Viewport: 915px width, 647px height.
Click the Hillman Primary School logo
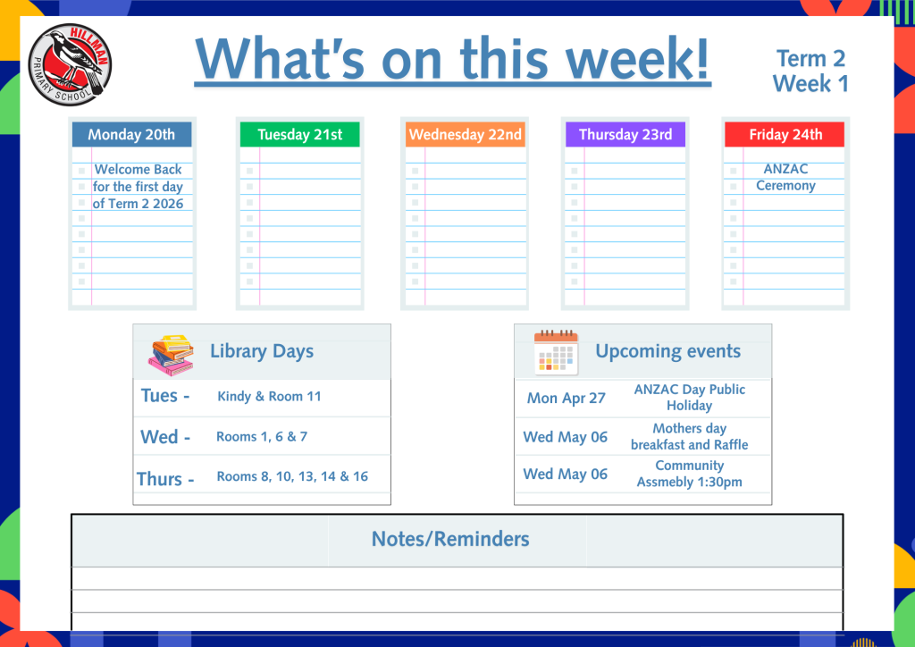coord(70,64)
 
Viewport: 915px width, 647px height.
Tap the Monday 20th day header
coord(132,134)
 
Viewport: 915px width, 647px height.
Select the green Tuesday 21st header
coord(300,134)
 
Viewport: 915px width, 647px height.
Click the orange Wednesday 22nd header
coord(465,134)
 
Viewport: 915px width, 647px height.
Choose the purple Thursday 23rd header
coord(625,134)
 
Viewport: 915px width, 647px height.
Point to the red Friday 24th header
coord(785,134)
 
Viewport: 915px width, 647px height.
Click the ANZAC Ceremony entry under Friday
coord(785,177)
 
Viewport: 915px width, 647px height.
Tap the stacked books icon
coord(171,355)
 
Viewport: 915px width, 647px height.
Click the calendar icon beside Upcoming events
coord(556,352)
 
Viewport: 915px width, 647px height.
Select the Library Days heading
coord(262,351)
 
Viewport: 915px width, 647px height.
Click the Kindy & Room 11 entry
coord(269,396)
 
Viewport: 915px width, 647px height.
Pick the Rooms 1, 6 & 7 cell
coord(262,436)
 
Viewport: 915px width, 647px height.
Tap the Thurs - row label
coord(165,479)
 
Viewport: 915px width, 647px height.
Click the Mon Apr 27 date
coord(566,398)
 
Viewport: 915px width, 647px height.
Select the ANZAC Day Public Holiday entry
coord(689,398)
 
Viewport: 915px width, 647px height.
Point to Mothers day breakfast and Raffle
coord(689,436)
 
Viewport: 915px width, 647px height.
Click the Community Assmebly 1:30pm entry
coord(689,474)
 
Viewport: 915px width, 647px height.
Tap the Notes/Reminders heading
coord(450,539)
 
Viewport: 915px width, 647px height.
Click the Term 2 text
coord(810,58)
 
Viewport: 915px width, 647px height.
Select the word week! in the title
coord(638,58)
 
